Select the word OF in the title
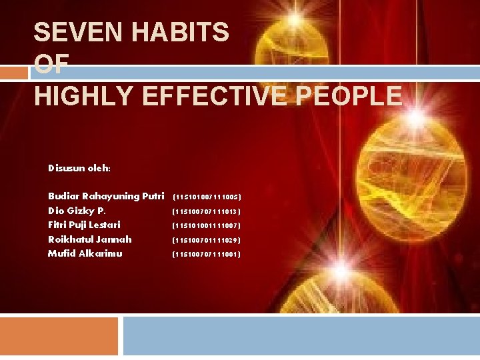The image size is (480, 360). [51, 64]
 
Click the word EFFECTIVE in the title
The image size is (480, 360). [220, 96]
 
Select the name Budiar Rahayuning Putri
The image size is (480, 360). [106, 196]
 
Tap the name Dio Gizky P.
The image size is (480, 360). [77, 211]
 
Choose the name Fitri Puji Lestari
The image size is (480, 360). [84, 225]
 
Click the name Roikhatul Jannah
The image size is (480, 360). [90, 239]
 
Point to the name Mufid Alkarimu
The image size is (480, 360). [85, 253]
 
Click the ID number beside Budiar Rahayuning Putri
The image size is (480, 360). [207, 197]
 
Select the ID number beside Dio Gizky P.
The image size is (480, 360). [207, 211]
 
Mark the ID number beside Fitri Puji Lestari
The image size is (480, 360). [207, 226]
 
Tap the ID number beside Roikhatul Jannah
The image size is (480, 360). [207, 240]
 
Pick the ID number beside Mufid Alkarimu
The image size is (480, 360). [207, 254]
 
